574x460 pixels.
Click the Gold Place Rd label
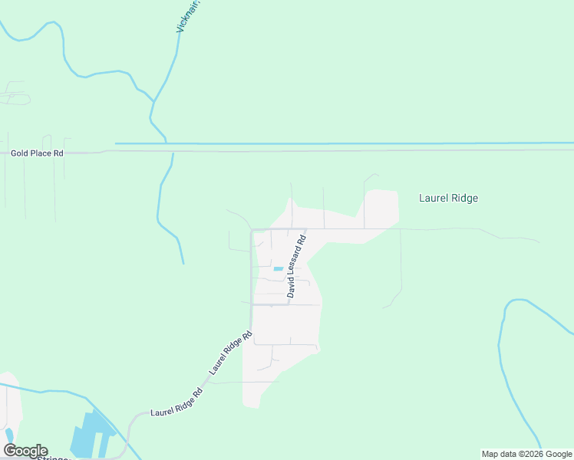click(x=37, y=153)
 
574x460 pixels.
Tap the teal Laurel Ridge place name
click(x=448, y=198)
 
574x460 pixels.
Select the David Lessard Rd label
click(x=296, y=266)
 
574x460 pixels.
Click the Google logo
click(x=25, y=451)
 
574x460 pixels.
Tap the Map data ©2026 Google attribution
click(x=526, y=454)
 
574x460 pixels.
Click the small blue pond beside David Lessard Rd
click(x=278, y=268)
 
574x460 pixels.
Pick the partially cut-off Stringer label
click(x=54, y=457)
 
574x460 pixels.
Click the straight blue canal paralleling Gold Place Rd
click(x=345, y=143)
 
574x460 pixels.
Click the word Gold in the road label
click(x=20, y=153)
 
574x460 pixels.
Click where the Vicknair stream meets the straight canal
click(x=166, y=143)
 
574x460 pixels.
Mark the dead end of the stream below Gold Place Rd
click(x=183, y=264)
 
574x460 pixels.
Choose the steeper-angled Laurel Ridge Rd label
click(x=231, y=353)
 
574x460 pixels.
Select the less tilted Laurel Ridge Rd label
click(x=176, y=402)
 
